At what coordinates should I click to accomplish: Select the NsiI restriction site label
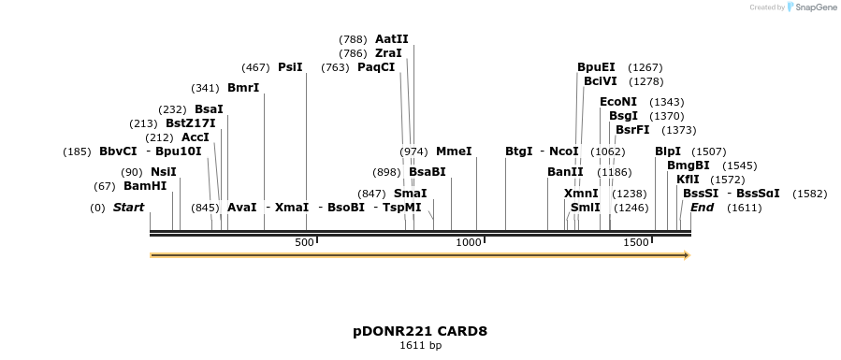[x=163, y=171]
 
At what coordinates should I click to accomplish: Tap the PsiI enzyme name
[x=290, y=67]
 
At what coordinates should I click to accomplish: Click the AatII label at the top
[x=392, y=39]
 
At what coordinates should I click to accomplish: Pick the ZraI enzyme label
[x=388, y=53]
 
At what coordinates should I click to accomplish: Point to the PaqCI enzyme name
[x=376, y=67]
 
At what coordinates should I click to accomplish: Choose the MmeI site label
[x=454, y=151]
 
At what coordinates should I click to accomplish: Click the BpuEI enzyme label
[x=596, y=67]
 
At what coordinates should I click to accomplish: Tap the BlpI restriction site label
[x=668, y=151]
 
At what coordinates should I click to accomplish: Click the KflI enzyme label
[x=688, y=179]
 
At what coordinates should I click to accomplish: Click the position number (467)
[x=255, y=67]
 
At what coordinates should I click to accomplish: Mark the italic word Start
[x=129, y=207]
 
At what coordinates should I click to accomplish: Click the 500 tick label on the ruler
[x=305, y=243]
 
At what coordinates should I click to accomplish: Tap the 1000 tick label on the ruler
[x=469, y=243]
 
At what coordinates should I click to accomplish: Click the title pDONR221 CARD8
[x=420, y=331]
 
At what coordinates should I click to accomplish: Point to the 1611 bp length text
[x=420, y=346]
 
